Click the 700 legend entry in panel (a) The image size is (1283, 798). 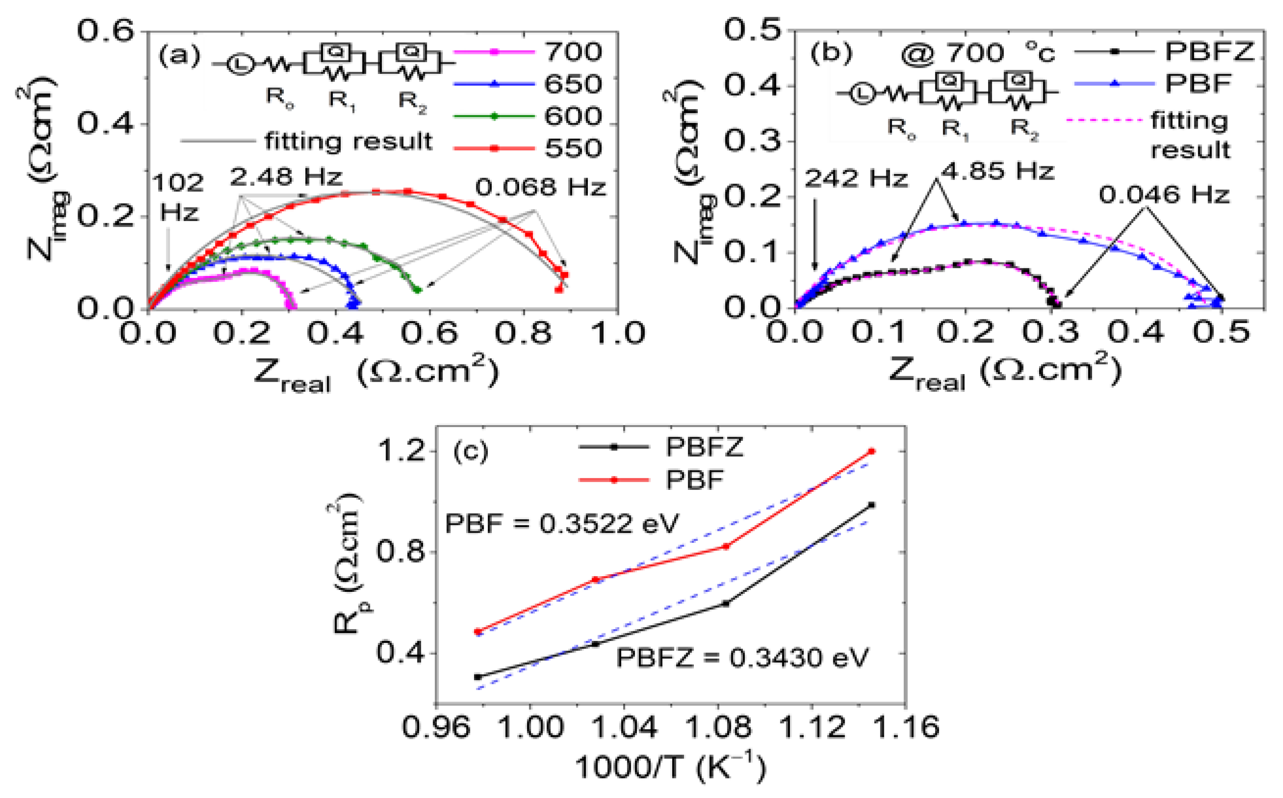coord(573,52)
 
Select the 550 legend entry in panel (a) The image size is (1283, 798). coord(573,148)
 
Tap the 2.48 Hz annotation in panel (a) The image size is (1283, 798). coord(286,177)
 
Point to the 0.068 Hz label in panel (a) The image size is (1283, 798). coord(540,187)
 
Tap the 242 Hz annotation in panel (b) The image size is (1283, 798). coord(855,178)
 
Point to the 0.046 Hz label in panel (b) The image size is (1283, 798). coord(1164,195)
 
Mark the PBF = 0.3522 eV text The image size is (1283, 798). coord(562,524)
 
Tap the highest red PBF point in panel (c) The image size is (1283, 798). coord(872,451)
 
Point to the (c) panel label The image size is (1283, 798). coord(471,452)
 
